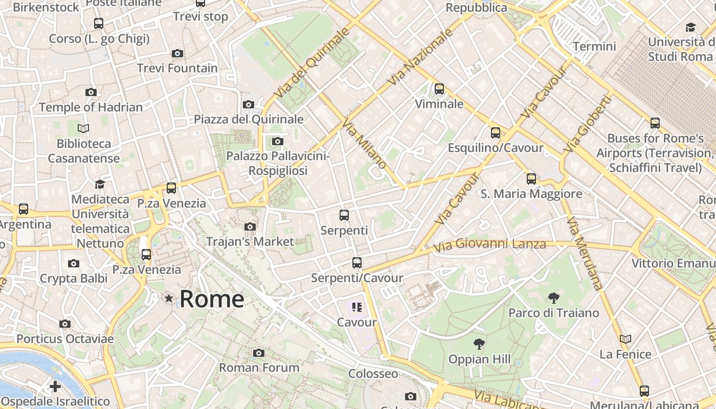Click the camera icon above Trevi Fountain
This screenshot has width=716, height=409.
click(177, 53)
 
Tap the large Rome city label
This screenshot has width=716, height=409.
click(212, 299)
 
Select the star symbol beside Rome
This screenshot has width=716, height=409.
click(168, 298)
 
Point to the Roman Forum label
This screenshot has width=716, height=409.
click(259, 367)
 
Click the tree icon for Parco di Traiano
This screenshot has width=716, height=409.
click(553, 298)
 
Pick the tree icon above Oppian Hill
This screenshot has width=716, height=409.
click(479, 344)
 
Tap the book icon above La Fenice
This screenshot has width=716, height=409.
click(625, 339)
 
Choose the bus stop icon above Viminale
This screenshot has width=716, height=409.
click(439, 89)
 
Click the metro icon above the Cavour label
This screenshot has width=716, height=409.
click(357, 307)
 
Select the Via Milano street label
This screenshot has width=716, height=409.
click(364, 144)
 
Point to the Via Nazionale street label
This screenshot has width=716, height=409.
click(420, 57)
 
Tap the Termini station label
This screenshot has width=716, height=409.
click(594, 47)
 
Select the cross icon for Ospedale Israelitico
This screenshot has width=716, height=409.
click(55, 387)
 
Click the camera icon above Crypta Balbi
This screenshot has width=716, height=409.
click(74, 264)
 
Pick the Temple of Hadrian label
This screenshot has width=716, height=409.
click(91, 107)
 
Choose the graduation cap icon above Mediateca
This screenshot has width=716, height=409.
click(100, 184)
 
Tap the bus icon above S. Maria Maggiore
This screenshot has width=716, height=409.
click(531, 179)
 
